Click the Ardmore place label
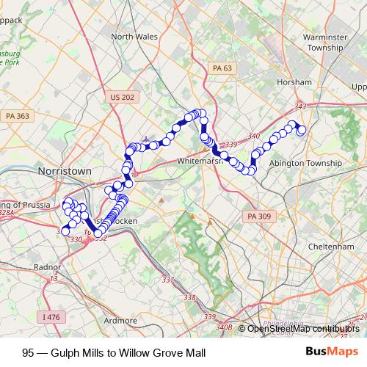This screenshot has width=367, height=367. tap(120, 321)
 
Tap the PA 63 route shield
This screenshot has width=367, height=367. tap(222, 68)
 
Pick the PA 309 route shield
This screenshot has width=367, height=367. tap(258, 217)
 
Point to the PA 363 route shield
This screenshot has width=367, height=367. tap(18, 116)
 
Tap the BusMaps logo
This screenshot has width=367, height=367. tap(331, 352)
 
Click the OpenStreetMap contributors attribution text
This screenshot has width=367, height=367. tap(304, 329)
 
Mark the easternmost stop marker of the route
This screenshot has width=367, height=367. tap(302, 130)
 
